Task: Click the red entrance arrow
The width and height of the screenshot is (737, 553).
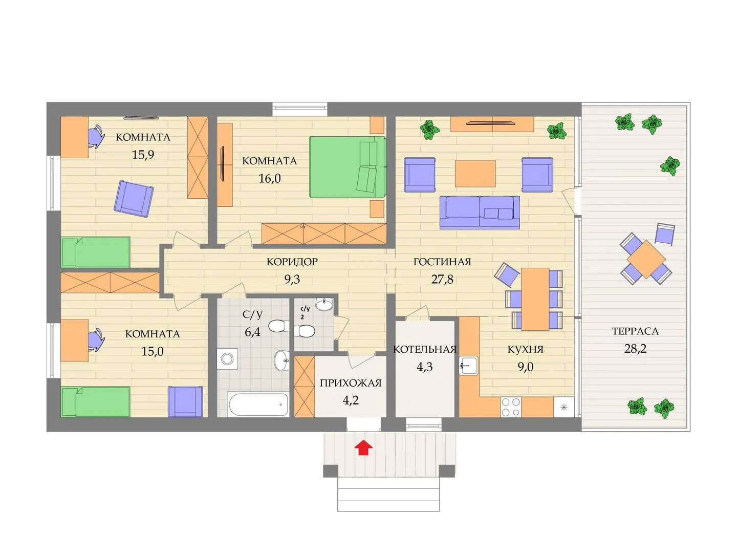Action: (363, 448)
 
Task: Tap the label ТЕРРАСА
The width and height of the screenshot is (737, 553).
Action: (635, 331)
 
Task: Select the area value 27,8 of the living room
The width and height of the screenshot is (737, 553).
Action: (442, 279)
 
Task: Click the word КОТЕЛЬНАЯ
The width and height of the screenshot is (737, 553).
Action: (424, 350)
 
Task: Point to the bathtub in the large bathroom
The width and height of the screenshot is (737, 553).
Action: (258, 405)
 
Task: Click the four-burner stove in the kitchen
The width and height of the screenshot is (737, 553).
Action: (511, 407)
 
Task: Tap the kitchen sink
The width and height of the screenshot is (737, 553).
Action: (468, 366)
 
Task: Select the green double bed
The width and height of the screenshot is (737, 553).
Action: (348, 167)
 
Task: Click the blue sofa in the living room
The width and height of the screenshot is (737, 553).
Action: (480, 212)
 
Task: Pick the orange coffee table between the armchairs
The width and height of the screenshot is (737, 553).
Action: (475, 173)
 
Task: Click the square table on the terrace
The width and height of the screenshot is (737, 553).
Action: (646, 259)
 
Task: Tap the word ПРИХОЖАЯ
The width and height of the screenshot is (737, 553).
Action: (351, 383)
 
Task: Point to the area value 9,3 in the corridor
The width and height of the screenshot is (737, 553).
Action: (292, 279)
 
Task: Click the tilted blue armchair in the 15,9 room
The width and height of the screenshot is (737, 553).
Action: (134, 199)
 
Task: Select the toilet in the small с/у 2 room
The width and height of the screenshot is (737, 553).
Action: (304, 332)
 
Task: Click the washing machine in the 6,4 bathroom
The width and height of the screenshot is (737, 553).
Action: (227, 359)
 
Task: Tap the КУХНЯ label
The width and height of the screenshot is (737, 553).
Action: (525, 350)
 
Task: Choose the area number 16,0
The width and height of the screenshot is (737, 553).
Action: (269, 178)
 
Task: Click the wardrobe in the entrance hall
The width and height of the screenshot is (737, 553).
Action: (304, 387)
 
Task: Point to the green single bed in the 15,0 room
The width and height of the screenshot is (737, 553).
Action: (96, 402)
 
